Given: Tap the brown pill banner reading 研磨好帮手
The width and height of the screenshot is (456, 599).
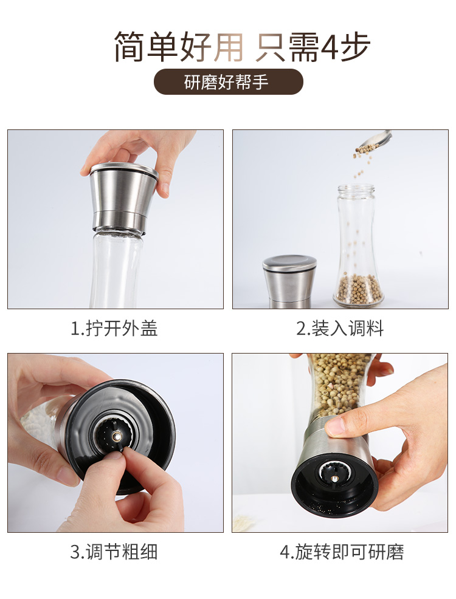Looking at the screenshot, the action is pyautogui.click(x=228, y=82).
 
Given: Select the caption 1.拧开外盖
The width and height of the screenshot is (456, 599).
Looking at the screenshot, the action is pyautogui.click(x=114, y=329).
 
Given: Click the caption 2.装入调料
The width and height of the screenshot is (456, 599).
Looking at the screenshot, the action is pyautogui.click(x=340, y=329).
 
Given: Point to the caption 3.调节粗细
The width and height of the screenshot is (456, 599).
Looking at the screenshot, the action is pyautogui.click(x=114, y=552).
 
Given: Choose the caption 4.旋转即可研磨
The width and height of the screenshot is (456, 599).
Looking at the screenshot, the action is pyautogui.click(x=342, y=552).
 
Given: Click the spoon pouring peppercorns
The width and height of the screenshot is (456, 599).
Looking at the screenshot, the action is pyautogui.click(x=375, y=140).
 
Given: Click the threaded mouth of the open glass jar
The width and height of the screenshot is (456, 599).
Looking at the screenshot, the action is pyautogui.click(x=356, y=190).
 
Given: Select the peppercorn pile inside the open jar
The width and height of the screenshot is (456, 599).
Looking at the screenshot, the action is pyautogui.click(x=359, y=289).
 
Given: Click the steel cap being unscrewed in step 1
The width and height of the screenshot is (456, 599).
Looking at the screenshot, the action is pyautogui.click(x=119, y=198).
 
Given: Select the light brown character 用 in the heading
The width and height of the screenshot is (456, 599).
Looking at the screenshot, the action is pyautogui.click(x=228, y=47).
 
